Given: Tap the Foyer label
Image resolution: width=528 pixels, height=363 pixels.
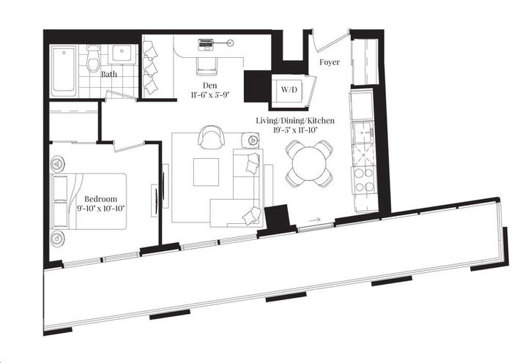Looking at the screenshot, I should point(330,62).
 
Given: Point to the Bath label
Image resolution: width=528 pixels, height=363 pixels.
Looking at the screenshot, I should point(109,74).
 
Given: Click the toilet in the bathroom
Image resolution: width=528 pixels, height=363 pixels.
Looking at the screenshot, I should point(93,59).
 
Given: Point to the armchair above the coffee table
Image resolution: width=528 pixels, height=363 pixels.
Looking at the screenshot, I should point(212,137).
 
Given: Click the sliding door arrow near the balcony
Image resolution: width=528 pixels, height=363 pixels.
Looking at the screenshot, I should point(314,219).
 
